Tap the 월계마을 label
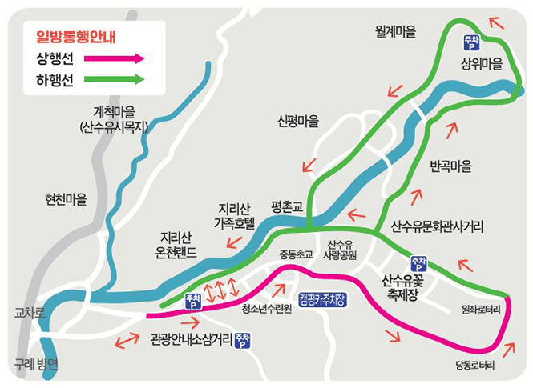click(x=396, y=32)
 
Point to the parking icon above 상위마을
click(x=472, y=42)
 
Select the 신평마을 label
click(x=298, y=122)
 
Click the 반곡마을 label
click(x=451, y=167)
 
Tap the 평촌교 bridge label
click(x=286, y=206)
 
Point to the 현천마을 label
click(x=66, y=198)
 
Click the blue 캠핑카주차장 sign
click(x=322, y=299)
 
